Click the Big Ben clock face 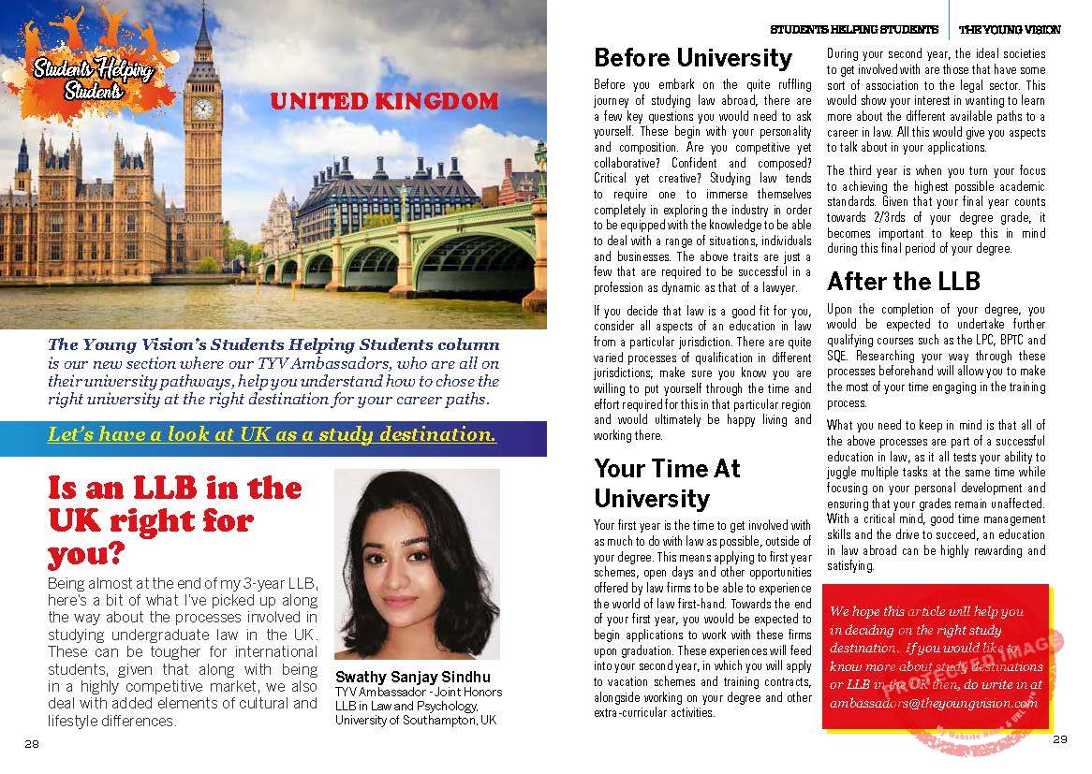pos(202,108)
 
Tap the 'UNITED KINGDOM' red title pos(383,101)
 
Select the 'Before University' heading pos(692,58)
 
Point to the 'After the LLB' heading pos(903,281)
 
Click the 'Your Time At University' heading pos(667,483)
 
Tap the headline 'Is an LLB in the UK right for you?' pos(174,520)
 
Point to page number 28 pos(32,744)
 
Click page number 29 pos(1059,739)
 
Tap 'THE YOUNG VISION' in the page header pos(1010,30)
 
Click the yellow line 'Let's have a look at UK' pos(272,435)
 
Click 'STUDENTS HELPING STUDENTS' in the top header pos(853,30)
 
